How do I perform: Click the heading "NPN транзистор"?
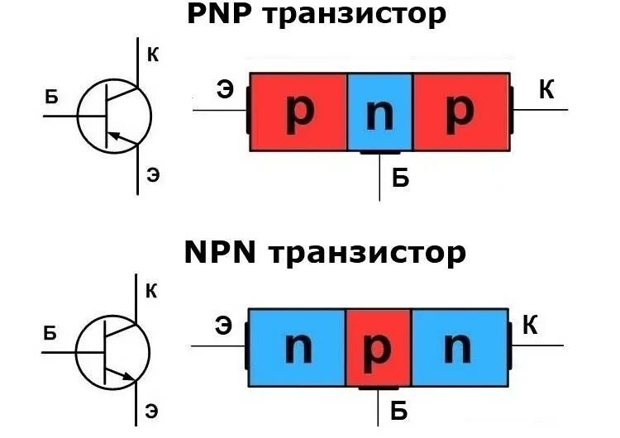[325, 251]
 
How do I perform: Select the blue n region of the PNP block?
[379, 112]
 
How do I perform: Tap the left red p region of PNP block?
[298, 112]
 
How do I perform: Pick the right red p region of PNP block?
[460, 112]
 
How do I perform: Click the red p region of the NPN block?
[378, 348]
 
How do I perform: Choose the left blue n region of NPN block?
[297, 348]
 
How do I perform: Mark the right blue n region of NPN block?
[459, 348]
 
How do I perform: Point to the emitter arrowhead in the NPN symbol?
[128, 378]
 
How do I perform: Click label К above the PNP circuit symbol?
[153, 56]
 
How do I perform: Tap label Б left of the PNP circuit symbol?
[52, 98]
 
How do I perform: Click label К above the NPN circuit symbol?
[152, 291]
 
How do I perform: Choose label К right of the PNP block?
[546, 89]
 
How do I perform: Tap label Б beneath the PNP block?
[401, 177]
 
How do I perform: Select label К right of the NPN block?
[531, 326]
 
